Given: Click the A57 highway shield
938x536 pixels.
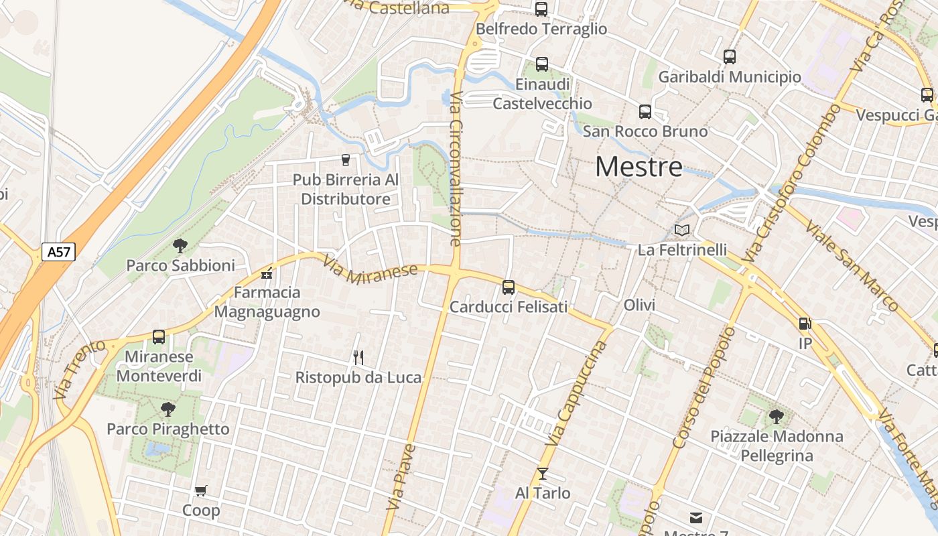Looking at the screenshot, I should pyautogui.click(x=59, y=252).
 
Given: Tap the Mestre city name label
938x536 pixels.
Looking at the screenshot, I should pyautogui.click(x=639, y=166).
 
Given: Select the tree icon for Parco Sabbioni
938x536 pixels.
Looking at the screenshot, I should pyautogui.click(x=180, y=246).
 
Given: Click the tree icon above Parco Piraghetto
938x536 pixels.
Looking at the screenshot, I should pyautogui.click(x=168, y=409).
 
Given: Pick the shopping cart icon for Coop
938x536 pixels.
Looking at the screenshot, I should pyautogui.click(x=200, y=491).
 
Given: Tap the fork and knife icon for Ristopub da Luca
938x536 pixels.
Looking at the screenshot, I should pyautogui.click(x=358, y=358).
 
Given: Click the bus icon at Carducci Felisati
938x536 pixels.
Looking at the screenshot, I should pyautogui.click(x=509, y=287).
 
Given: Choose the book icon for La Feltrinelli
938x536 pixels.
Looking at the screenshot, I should pyautogui.click(x=682, y=230).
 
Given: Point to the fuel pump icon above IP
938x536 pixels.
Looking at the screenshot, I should pyautogui.click(x=805, y=324).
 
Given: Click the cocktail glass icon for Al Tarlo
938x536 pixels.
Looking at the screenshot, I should pyautogui.click(x=543, y=474).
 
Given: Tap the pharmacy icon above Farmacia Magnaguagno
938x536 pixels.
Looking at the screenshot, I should pyautogui.click(x=267, y=273).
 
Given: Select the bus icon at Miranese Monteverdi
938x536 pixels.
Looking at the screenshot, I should pyautogui.click(x=159, y=337).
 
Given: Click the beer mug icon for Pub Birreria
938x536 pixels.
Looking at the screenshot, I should pyautogui.click(x=346, y=159).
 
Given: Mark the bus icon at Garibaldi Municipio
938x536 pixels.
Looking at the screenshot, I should pyautogui.click(x=730, y=57).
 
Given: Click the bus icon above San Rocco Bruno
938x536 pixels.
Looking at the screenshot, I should pyautogui.click(x=645, y=111).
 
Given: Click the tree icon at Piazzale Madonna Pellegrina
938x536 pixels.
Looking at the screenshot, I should pyautogui.click(x=776, y=417).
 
